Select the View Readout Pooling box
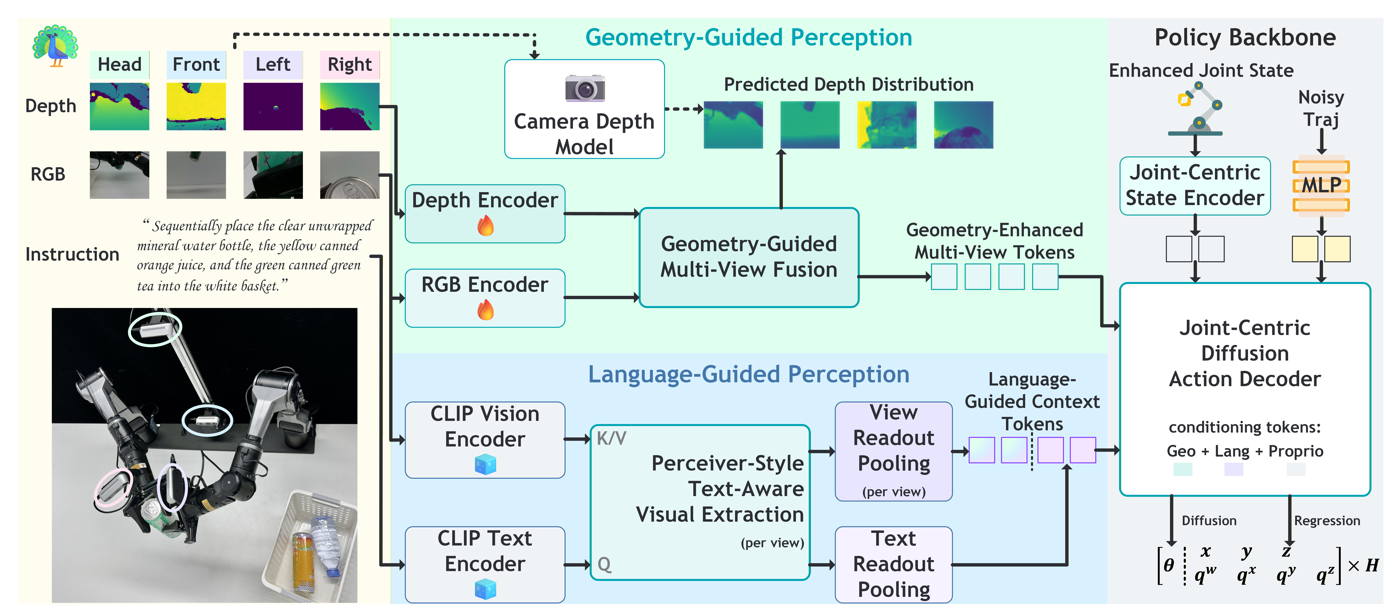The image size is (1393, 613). tap(893, 451)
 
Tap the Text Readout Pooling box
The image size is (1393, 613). tap(893, 564)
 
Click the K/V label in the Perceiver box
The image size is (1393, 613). tap(611, 438)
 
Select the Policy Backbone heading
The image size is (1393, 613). tap(1245, 37)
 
